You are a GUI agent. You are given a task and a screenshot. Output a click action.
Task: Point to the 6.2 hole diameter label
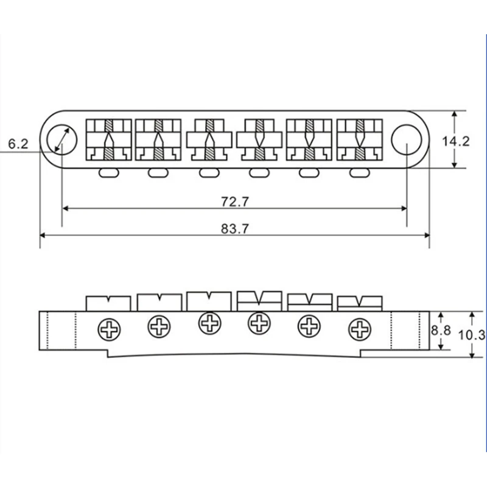[18, 144]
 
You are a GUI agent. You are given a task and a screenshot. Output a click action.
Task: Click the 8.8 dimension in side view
[441, 330]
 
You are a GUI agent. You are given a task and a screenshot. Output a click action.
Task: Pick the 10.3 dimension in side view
[473, 334]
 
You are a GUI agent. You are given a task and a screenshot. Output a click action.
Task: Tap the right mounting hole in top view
[406, 139]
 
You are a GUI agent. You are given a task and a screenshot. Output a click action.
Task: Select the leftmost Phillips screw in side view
[110, 331]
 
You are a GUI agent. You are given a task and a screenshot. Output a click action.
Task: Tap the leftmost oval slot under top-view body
[108, 173]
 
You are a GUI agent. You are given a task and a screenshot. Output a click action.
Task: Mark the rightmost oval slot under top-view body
[360, 173]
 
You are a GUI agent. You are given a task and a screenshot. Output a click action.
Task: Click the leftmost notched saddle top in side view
[108, 303]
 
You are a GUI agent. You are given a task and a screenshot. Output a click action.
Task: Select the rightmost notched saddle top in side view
[359, 302]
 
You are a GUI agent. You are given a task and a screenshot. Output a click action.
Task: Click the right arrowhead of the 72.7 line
[404, 208]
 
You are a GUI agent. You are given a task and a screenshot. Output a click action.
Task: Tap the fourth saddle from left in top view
[260, 139]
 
